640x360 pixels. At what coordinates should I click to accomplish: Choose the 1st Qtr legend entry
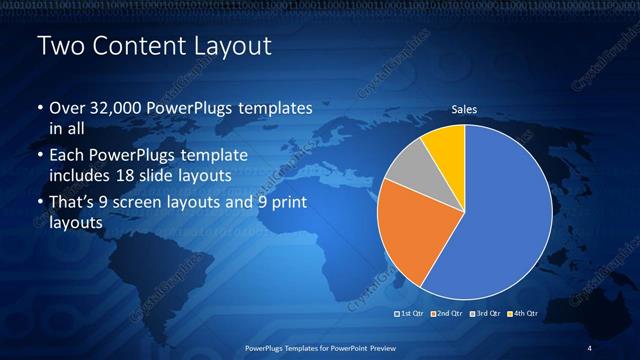[x=412, y=313]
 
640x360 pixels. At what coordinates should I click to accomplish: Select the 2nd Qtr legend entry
[x=447, y=313]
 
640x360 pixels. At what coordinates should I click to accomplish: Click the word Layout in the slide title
[x=227, y=47]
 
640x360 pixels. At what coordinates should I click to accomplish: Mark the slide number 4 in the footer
[x=590, y=347]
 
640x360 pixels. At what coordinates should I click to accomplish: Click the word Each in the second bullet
[x=67, y=156]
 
